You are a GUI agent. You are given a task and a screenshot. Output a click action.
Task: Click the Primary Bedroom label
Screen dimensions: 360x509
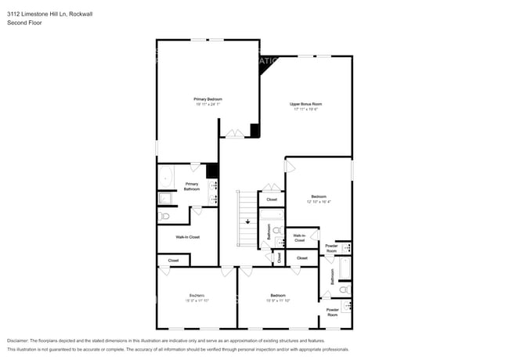click(208, 99)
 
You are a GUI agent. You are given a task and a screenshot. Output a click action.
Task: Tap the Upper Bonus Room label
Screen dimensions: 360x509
click(305, 104)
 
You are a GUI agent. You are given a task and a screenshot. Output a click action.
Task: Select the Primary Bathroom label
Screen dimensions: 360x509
click(192, 186)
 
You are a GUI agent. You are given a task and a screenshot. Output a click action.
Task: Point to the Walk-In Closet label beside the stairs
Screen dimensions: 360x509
click(299, 238)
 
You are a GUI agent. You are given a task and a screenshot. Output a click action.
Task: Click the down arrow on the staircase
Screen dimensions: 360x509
click(247, 221)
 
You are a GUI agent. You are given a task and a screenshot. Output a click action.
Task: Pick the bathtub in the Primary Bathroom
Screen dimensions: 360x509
click(165, 178)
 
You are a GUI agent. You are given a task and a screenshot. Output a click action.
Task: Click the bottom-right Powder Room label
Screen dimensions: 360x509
click(332, 311)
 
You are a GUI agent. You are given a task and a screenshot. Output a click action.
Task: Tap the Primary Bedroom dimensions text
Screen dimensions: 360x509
click(208, 105)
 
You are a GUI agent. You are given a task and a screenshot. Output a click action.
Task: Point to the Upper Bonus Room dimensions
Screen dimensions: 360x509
click(305, 110)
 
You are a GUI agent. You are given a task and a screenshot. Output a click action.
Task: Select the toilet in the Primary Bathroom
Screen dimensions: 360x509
click(164, 217)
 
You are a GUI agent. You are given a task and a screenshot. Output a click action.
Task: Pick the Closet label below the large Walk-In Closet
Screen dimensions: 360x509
click(173, 260)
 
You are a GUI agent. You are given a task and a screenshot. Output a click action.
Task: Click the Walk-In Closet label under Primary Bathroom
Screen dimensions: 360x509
click(187, 236)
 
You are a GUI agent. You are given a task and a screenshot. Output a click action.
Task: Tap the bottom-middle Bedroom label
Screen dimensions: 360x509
click(278, 296)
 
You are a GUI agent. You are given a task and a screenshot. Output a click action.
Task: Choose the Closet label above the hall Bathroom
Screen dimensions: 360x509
click(272, 200)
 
